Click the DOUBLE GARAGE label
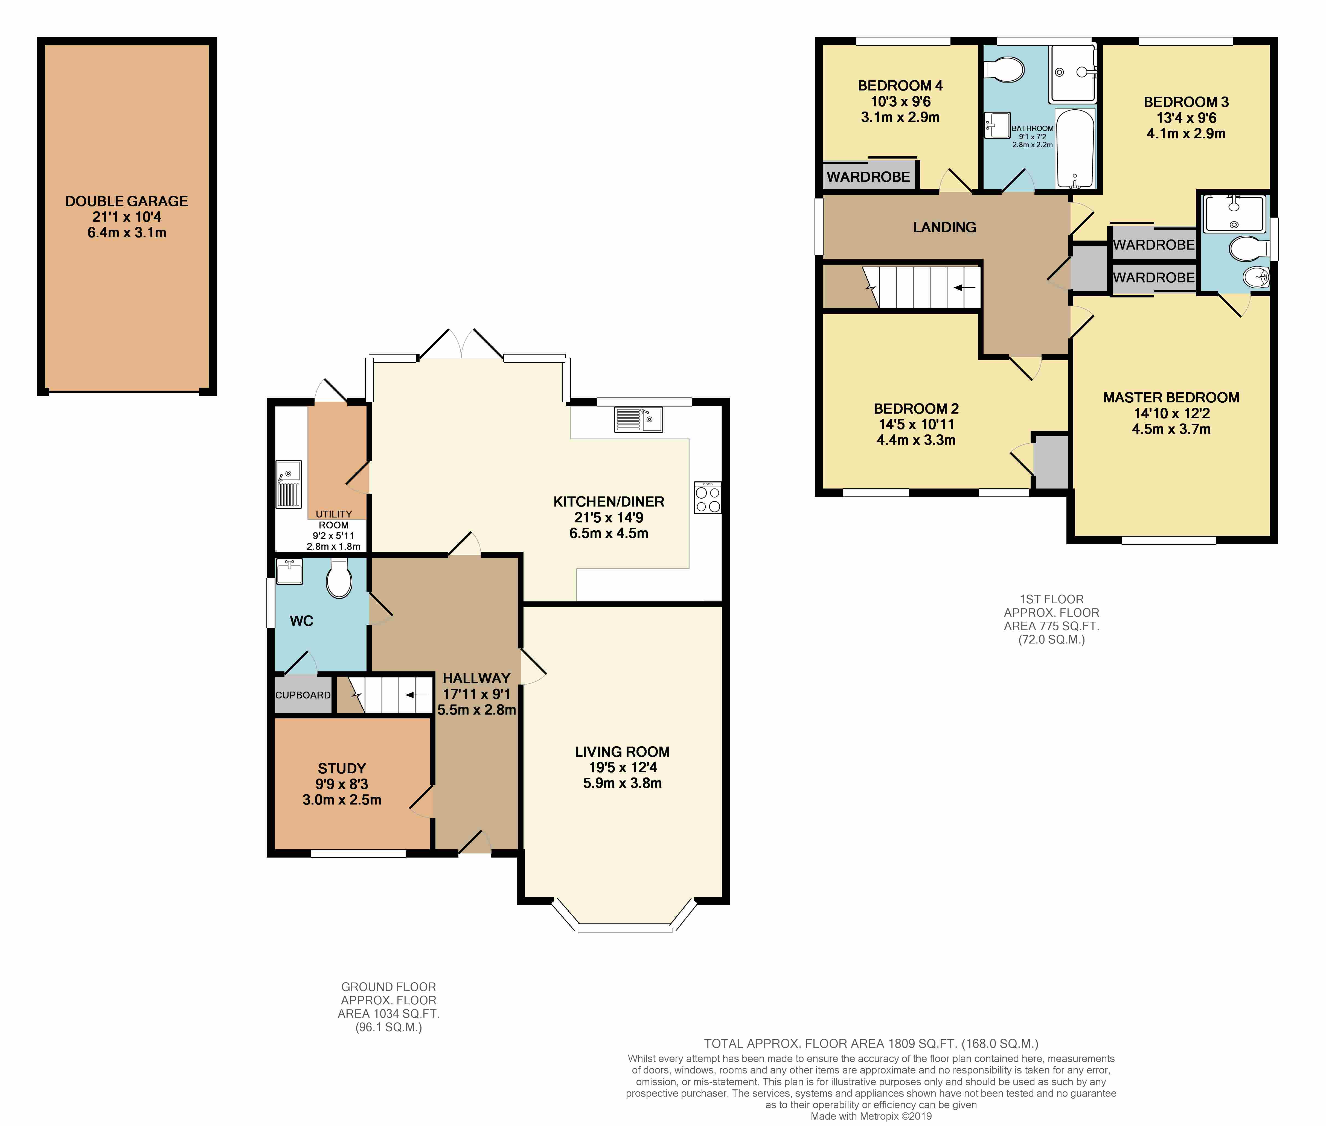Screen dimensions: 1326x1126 [x=126, y=201]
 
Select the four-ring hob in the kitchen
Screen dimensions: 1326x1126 [x=708, y=498]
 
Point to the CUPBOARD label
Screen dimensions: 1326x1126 [x=303, y=695]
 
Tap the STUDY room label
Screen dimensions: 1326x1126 [x=342, y=768]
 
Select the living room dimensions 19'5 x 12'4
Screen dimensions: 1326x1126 [x=623, y=767]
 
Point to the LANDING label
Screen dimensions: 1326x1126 [x=945, y=227]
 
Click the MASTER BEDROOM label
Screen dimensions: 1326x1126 [x=1171, y=397]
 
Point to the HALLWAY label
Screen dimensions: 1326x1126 [x=476, y=678]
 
